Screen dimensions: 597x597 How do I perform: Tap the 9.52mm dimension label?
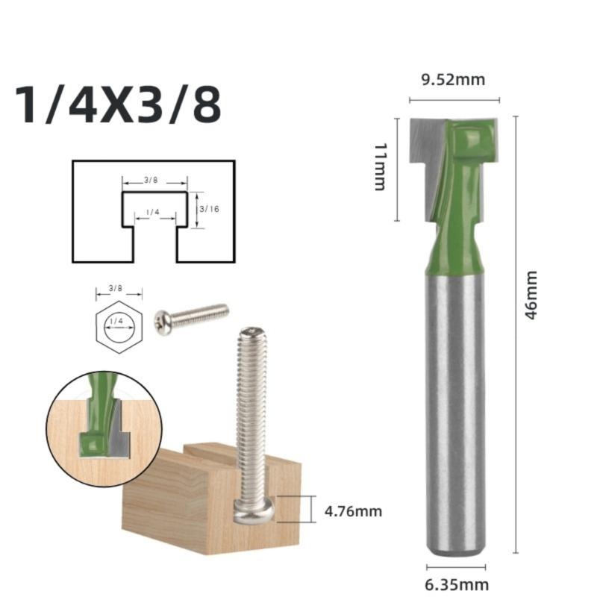pyautogui.click(x=454, y=80)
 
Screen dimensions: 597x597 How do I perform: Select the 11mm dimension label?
pyautogui.click(x=380, y=169)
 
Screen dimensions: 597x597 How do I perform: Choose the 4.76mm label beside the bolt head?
pyautogui.click(x=354, y=511)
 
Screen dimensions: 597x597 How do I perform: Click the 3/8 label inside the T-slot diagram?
pyautogui.click(x=151, y=181)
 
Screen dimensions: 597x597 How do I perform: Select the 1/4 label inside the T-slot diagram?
pyautogui.click(x=153, y=213)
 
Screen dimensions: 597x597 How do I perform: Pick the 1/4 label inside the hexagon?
pyautogui.click(x=116, y=321)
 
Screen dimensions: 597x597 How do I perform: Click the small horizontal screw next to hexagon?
pyautogui.click(x=191, y=316)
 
